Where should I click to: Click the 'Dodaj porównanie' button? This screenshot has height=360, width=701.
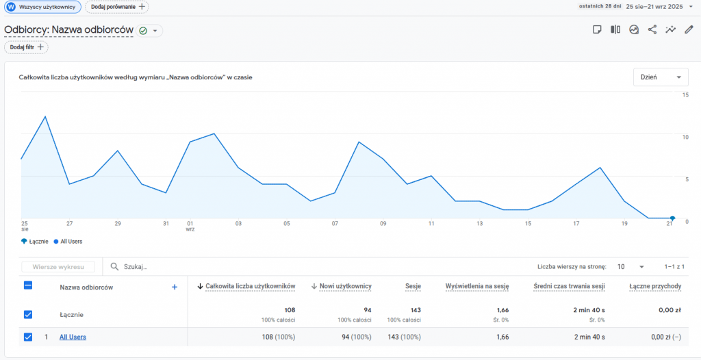coord(116,7)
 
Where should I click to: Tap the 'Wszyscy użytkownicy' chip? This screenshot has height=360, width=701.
coord(42,7)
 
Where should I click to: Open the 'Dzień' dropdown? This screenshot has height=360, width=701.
coord(661,77)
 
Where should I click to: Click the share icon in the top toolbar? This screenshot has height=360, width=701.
coord(652,29)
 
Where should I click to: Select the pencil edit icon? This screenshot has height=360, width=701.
coord(689,29)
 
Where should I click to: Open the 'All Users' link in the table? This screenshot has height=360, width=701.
coord(73,337)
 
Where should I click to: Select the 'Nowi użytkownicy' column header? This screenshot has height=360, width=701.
coord(346,286)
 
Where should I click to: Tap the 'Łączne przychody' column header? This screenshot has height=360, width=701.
coord(655,286)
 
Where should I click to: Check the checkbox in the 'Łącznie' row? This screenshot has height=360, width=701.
coord(28,314)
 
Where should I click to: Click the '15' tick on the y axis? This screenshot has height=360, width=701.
coord(685,94)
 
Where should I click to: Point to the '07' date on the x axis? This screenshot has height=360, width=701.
coord(335,224)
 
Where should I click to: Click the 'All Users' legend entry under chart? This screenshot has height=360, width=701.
coord(68,242)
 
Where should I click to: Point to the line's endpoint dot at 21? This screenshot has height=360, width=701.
coord(672,218)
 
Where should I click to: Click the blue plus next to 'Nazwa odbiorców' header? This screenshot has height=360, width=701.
coord(175,287)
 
